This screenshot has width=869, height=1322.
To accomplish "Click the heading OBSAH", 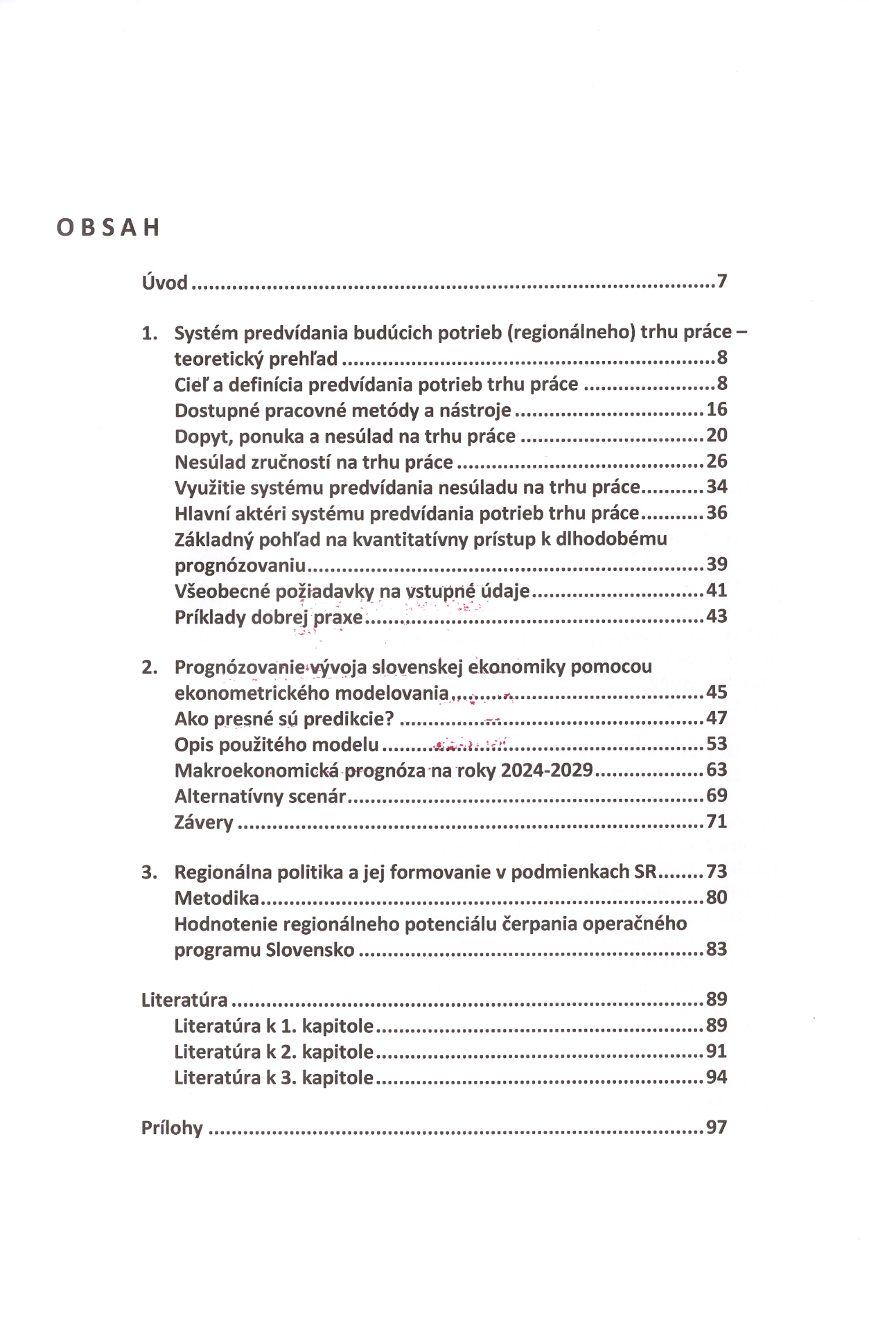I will tap(108, 227).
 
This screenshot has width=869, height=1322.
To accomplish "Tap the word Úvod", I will tap(164, 283).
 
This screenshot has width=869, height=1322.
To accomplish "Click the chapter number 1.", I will tap(149, 333).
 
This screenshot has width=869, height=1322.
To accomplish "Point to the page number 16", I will tap(717, 409).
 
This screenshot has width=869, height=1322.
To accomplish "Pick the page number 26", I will tap(717, 461).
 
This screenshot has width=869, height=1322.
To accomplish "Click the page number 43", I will tap(717, 616).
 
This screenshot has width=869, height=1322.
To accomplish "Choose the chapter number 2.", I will tap(149, 667).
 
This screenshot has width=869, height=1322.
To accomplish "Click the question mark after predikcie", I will tap(389, 719).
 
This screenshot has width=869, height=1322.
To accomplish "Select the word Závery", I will tap(204, 822).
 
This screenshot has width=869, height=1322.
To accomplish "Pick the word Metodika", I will tap(216, 899).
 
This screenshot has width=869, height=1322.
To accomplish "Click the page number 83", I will tap(717, 949).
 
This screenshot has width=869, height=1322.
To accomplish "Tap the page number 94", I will tap(717, 1077).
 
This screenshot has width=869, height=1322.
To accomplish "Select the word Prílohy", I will tap(172, 1128).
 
